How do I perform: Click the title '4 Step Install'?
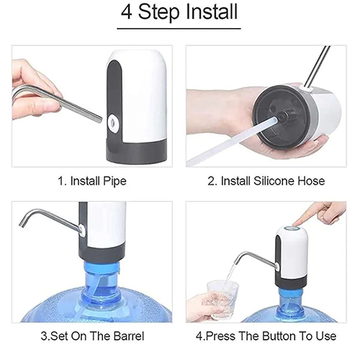coord(179,12)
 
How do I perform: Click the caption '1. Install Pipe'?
coord(92,181)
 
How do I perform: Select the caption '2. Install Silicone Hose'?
coord(266,181)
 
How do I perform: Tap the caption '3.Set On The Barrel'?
coord(92,336)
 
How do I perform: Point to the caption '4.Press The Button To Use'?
coord(266,336)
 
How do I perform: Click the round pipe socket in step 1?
coord(112,121)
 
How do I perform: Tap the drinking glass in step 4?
coord(222,300)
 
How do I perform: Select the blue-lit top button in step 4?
coord(291,228)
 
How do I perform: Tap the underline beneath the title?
coord(179,29)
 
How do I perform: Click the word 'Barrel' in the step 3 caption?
coord(129,336)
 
